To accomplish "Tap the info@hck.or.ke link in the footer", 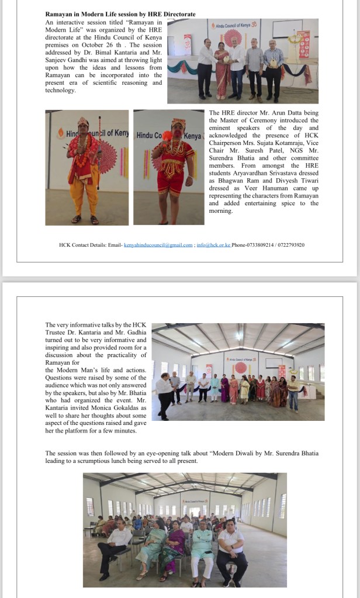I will click(213, 245).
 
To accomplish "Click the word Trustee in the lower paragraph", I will click(59, 332).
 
